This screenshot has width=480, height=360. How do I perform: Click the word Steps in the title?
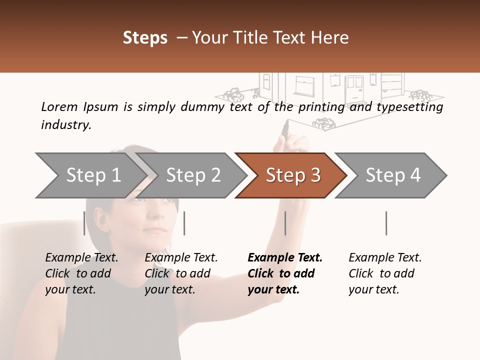coord(145,38)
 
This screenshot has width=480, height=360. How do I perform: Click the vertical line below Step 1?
coord(84,223)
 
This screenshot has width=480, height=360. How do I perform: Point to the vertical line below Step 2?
coord(184,223)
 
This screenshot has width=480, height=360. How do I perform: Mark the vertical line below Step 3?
coord(285,223)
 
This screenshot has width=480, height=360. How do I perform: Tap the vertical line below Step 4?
coord(386,223)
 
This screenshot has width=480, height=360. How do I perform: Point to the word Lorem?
coord(59,106)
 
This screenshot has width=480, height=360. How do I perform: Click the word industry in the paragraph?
coord(66,124)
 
